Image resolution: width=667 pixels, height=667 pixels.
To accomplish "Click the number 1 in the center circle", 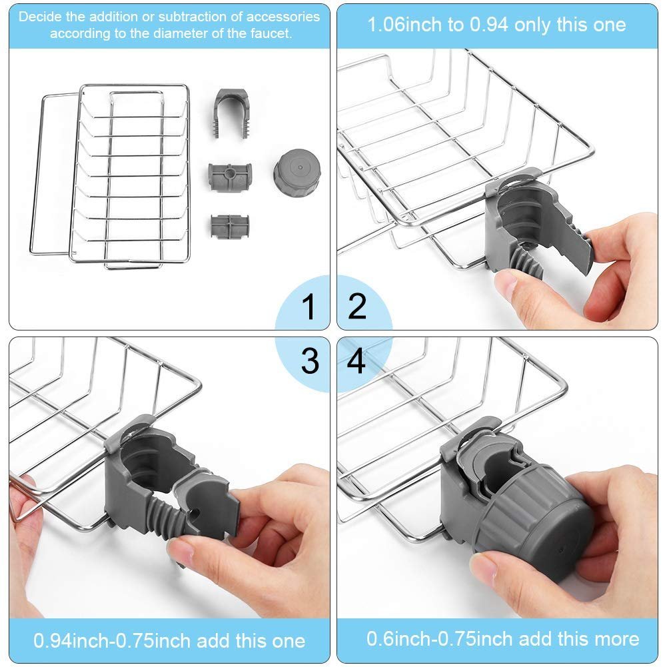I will [309, 307].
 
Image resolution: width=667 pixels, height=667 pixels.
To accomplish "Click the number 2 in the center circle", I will [358, 307].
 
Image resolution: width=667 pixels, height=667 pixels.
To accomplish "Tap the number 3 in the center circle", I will [309, 360].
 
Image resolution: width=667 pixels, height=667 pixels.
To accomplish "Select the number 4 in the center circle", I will [357, 361].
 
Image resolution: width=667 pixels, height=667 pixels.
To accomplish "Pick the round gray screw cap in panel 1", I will [296, 172].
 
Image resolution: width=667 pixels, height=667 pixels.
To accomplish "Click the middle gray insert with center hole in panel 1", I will [229, 176].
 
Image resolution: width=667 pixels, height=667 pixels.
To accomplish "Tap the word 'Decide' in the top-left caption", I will [37, 17].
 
